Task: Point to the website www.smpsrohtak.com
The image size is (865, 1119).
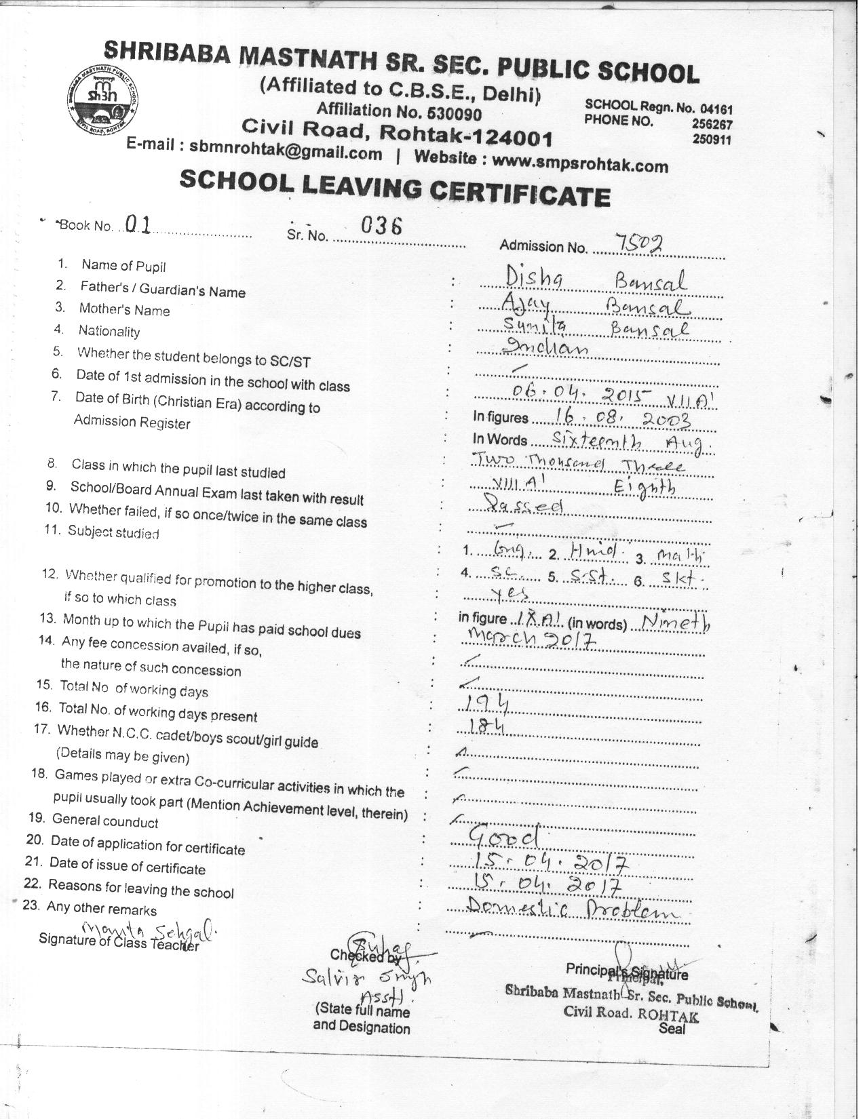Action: (x=581, y=163)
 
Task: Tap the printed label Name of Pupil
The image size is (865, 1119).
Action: (x=123, y=266)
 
